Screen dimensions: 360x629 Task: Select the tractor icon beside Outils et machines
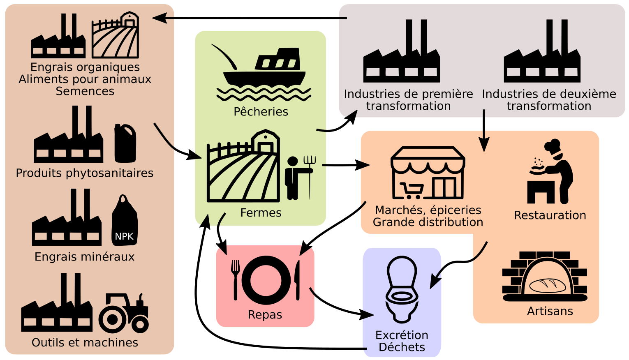(124, 313)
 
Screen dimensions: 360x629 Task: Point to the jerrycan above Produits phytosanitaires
(125, 143)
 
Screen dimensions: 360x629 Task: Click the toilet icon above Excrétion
(402, 289)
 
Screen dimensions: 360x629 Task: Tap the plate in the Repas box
(266, 280)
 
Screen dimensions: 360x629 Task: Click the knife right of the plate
(297, 279)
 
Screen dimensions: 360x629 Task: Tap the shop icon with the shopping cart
(428, 173)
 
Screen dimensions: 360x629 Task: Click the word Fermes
(261, 213)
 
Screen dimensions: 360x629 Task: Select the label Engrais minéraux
(84, 257)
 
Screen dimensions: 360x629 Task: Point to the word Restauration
(550, 215)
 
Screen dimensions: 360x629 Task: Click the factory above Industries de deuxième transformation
(542, 52)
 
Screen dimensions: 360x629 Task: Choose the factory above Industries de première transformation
(401, 52)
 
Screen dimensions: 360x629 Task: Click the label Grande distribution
(428, 222)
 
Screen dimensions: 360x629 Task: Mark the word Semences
(85, 91)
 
